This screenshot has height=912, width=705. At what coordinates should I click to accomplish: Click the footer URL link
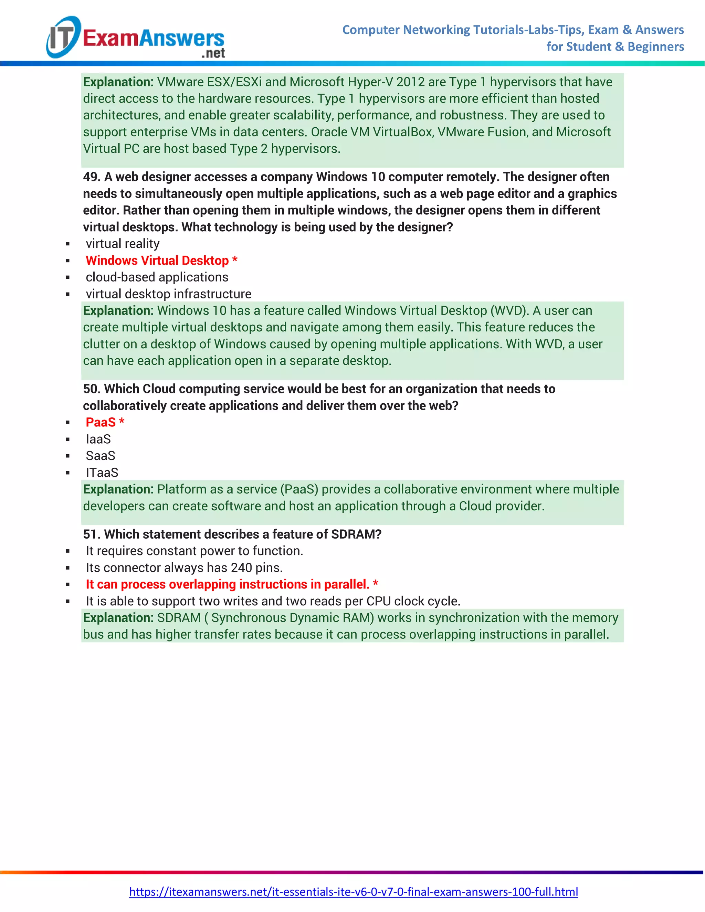(x=353, y=892)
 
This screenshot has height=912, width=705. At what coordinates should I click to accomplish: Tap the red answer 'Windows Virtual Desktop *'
(x=161, y=261)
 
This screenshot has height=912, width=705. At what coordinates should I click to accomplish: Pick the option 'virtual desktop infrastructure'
(x=168, y=294)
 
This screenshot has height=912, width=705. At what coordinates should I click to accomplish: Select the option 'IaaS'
(x=98, y=439)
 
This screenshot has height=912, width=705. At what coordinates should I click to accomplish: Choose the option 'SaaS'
(x=100, y=456)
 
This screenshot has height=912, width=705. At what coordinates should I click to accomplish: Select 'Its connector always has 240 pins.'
(x=184, y=568)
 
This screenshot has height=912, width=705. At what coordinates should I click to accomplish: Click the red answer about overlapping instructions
(x=232, y=585)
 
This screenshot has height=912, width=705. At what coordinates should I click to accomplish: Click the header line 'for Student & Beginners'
(x=615, y=47)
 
